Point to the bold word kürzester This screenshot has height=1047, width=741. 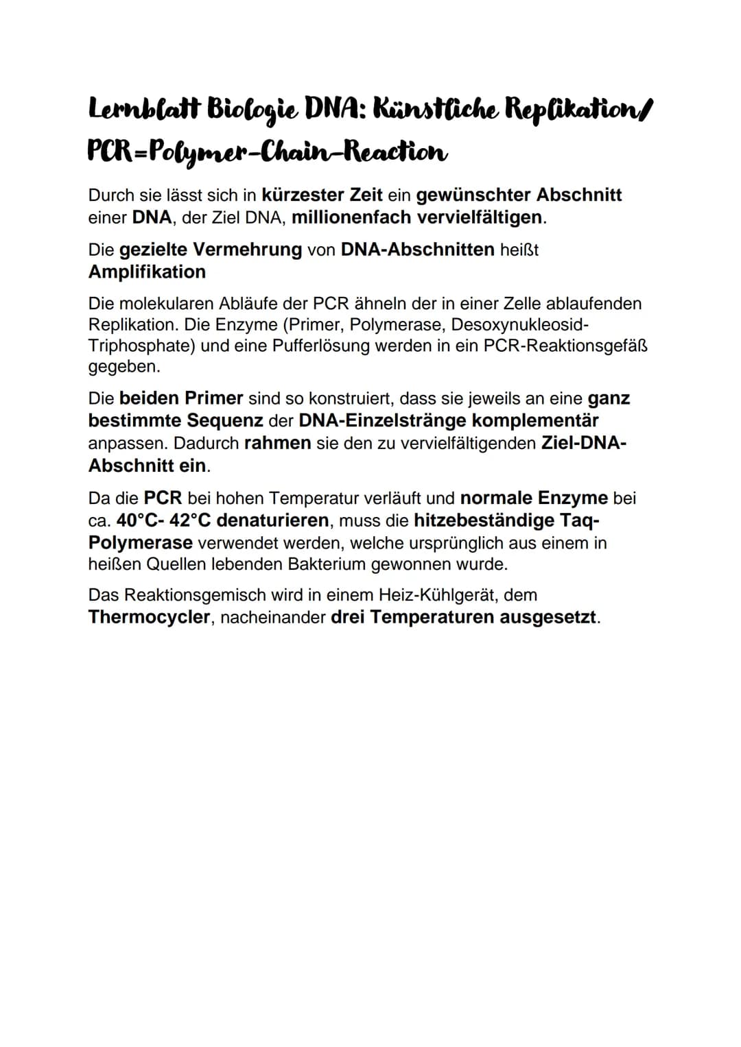[303, 195]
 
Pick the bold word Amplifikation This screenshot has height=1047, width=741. [147, 272]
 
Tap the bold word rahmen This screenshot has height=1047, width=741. [277, 443]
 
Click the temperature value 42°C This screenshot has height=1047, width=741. [190, 520]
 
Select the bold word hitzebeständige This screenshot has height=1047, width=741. [484, 520]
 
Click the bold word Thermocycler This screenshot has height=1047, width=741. [149, 617]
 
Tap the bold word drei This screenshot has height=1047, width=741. [349, 617]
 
